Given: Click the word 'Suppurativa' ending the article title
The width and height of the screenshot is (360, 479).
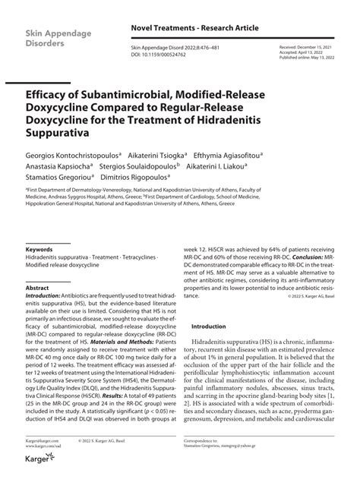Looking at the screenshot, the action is coord(57,133).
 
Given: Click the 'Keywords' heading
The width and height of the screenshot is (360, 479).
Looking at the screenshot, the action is coord(39,248).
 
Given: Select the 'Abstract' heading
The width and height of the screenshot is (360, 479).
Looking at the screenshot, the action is coord(37,289).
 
